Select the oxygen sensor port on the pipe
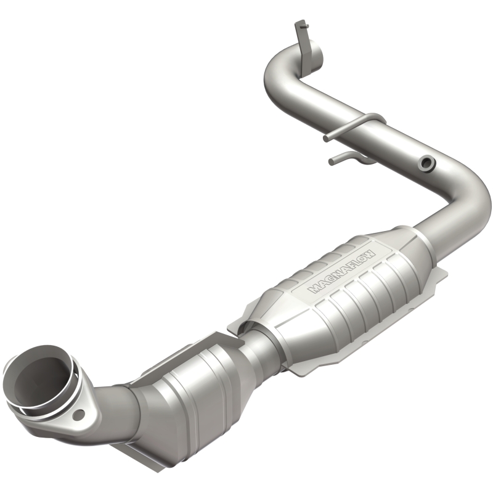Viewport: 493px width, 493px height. [426, 163]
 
